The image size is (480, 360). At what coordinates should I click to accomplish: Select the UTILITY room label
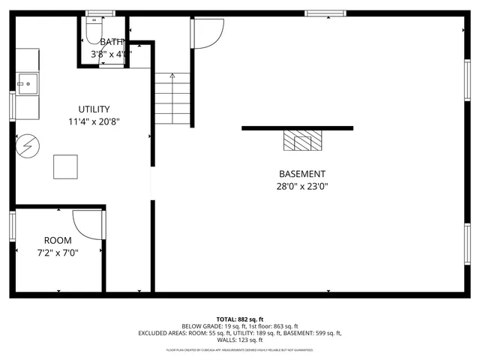click(94, 109)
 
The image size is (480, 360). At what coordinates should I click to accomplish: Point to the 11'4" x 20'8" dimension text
click(94, 121)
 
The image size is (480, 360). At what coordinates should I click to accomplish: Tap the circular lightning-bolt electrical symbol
click(25, 145)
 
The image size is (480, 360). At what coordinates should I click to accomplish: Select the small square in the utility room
click(65, 166)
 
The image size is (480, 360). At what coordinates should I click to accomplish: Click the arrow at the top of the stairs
click(172, 76)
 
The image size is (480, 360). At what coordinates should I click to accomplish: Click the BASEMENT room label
click(302, 174)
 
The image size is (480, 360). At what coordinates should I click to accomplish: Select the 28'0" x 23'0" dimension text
click(302, 186)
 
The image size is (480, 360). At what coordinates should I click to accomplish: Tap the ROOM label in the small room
click(58, 240)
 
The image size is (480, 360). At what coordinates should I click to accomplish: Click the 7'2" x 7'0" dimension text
click(58, 253)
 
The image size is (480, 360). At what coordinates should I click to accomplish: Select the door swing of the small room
click(88, 224)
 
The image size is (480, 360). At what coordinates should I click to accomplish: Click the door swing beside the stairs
click(208, 32)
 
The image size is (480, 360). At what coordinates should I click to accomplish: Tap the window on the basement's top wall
click(325, 13)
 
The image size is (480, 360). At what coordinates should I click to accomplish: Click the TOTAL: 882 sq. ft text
click(240, 319)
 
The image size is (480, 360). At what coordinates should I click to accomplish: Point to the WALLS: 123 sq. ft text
click(240, 340)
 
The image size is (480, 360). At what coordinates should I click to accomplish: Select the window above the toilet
click(95, 13)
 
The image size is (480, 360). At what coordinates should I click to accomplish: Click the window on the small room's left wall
click(12, 226)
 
